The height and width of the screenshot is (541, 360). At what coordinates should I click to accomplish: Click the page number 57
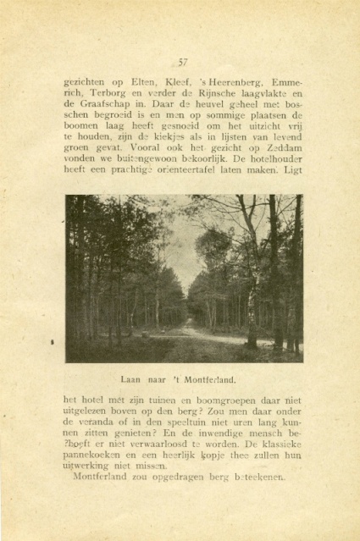(x=182, y=61)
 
